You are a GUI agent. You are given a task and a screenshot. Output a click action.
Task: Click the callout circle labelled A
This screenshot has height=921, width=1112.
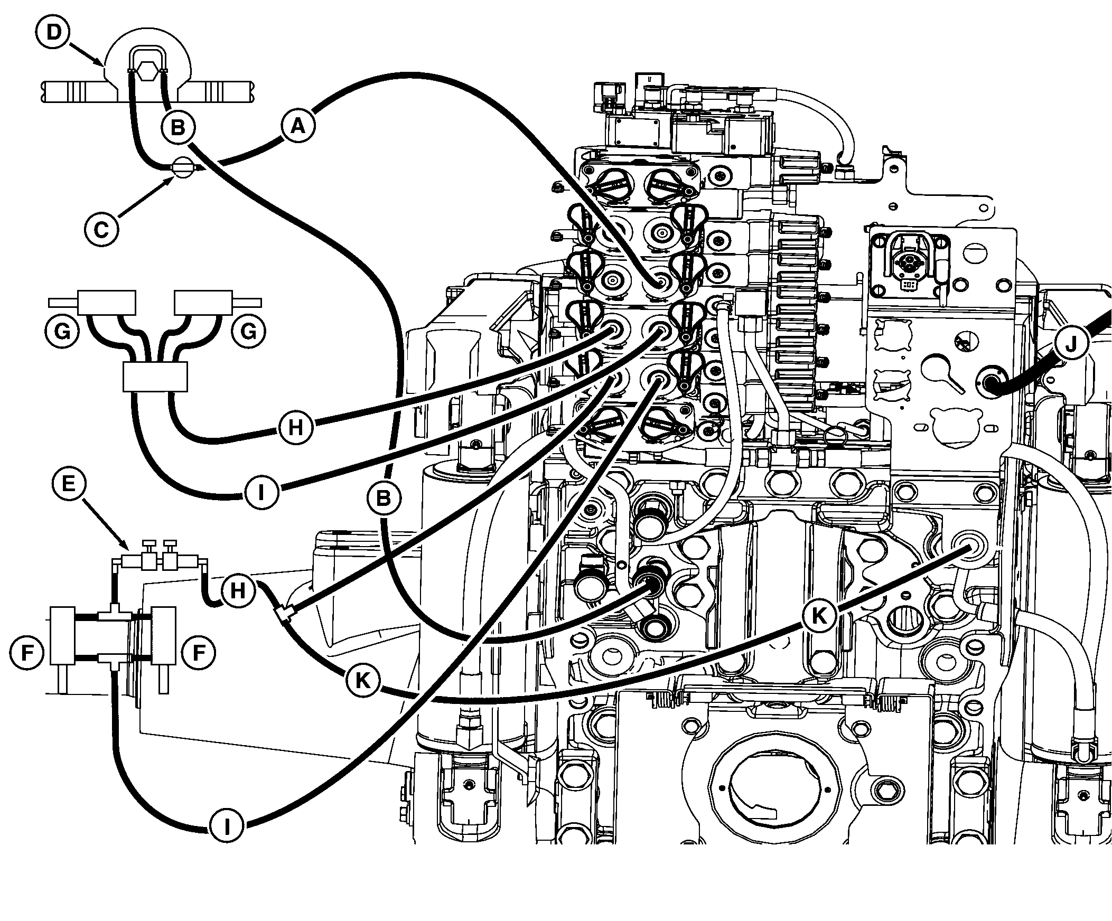(x=298, y=126)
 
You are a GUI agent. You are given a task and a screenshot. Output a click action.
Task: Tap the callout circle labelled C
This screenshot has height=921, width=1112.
(x=101, y=230)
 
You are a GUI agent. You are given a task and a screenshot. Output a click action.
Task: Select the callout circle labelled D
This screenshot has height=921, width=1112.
(x=53, y=32)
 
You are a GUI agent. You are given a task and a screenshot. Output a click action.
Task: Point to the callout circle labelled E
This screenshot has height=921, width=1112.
(x=69, y=483)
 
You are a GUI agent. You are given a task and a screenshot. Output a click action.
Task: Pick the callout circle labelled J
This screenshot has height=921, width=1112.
(x=1070, y=344)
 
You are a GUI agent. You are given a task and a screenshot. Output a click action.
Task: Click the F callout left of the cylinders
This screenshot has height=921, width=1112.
(x=26, y=653)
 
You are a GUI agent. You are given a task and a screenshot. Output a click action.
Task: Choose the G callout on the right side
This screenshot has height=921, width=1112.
(x=248, y=332)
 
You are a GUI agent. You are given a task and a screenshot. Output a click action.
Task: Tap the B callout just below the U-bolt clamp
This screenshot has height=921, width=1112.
(x=178, y=128)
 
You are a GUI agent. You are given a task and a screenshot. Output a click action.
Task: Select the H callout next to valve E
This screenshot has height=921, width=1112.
(x=238, y=590)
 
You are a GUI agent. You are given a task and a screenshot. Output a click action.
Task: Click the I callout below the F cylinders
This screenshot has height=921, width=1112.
(x=227, y=826)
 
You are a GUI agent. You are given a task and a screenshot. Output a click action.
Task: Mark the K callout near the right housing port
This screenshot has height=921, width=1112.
(x=819, y=616)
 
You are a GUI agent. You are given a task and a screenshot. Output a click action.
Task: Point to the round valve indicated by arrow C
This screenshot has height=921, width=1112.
(x=182, y=168)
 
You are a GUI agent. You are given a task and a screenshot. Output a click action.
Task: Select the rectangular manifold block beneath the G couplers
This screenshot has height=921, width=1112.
(x=155, y=377)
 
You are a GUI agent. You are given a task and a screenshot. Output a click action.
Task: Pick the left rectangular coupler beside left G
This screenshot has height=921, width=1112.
(x=106, y=302)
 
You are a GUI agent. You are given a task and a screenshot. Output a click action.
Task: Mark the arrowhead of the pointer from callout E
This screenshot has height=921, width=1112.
(x=127, y=548)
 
